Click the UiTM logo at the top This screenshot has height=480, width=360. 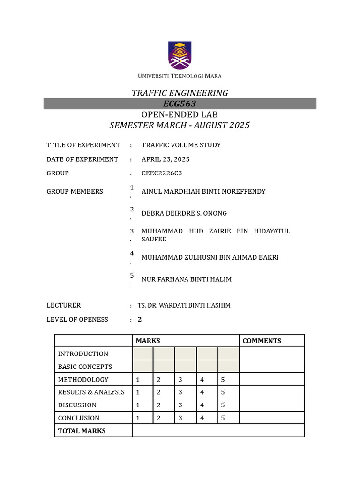point(180,56)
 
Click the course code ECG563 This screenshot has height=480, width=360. point(180,104)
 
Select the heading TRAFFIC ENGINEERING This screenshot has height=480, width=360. point(180,93)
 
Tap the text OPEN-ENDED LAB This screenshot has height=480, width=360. point(180,115)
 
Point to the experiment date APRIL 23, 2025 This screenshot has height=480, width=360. point(165,159)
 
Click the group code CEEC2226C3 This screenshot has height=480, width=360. point(161,173)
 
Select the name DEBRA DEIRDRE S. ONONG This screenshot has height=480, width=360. point(184,213)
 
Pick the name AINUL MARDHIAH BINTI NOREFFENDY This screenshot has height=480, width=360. point(203,191)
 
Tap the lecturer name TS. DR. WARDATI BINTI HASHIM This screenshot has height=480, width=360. point(184,305)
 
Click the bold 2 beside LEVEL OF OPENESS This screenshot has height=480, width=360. point(140,319)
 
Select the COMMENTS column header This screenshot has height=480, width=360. point(262,341)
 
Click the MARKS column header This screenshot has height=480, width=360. point(148,341)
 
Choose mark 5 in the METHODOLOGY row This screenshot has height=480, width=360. point(223,380)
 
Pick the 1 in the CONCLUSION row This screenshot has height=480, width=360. point(138,418)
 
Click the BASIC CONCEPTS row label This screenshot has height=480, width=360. point(85,367)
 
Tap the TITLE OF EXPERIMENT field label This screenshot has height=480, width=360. point(83,145)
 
